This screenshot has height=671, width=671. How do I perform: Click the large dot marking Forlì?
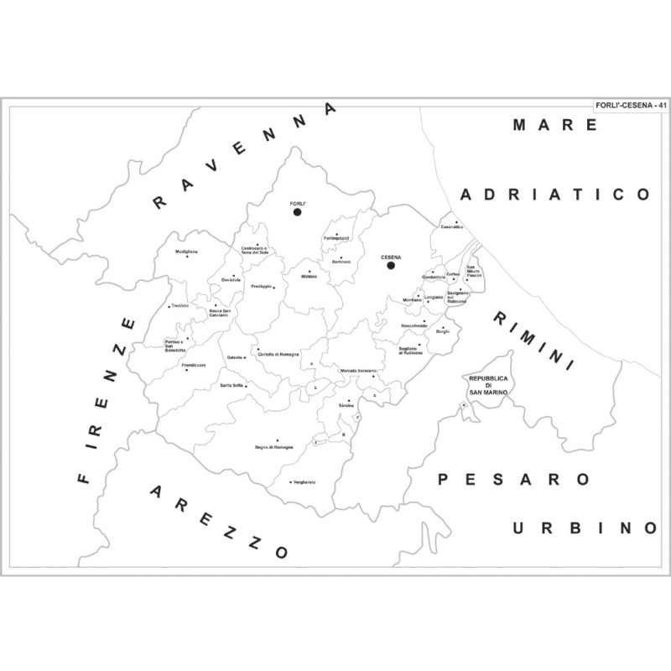[x=297, y=212]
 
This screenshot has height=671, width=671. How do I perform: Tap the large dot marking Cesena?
[x=390, y=266]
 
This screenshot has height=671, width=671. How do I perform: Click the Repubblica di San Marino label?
[x=488, y=386]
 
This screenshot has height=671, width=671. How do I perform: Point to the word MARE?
[x=555, y=125]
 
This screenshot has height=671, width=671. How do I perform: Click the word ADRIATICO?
[x=555, y=195]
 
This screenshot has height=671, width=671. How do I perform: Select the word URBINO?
[x=584, y=528]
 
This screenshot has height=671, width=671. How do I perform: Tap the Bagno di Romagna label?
[x=274, y=447]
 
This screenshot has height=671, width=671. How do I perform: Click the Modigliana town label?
[x=186, y=252]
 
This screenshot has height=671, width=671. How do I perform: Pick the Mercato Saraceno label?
[x=358, y=370]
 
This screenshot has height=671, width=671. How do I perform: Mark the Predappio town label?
[x=263, y=286]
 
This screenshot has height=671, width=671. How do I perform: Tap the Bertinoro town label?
[x=340, y=263]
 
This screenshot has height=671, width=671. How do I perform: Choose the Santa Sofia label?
[x=231, y=385]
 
